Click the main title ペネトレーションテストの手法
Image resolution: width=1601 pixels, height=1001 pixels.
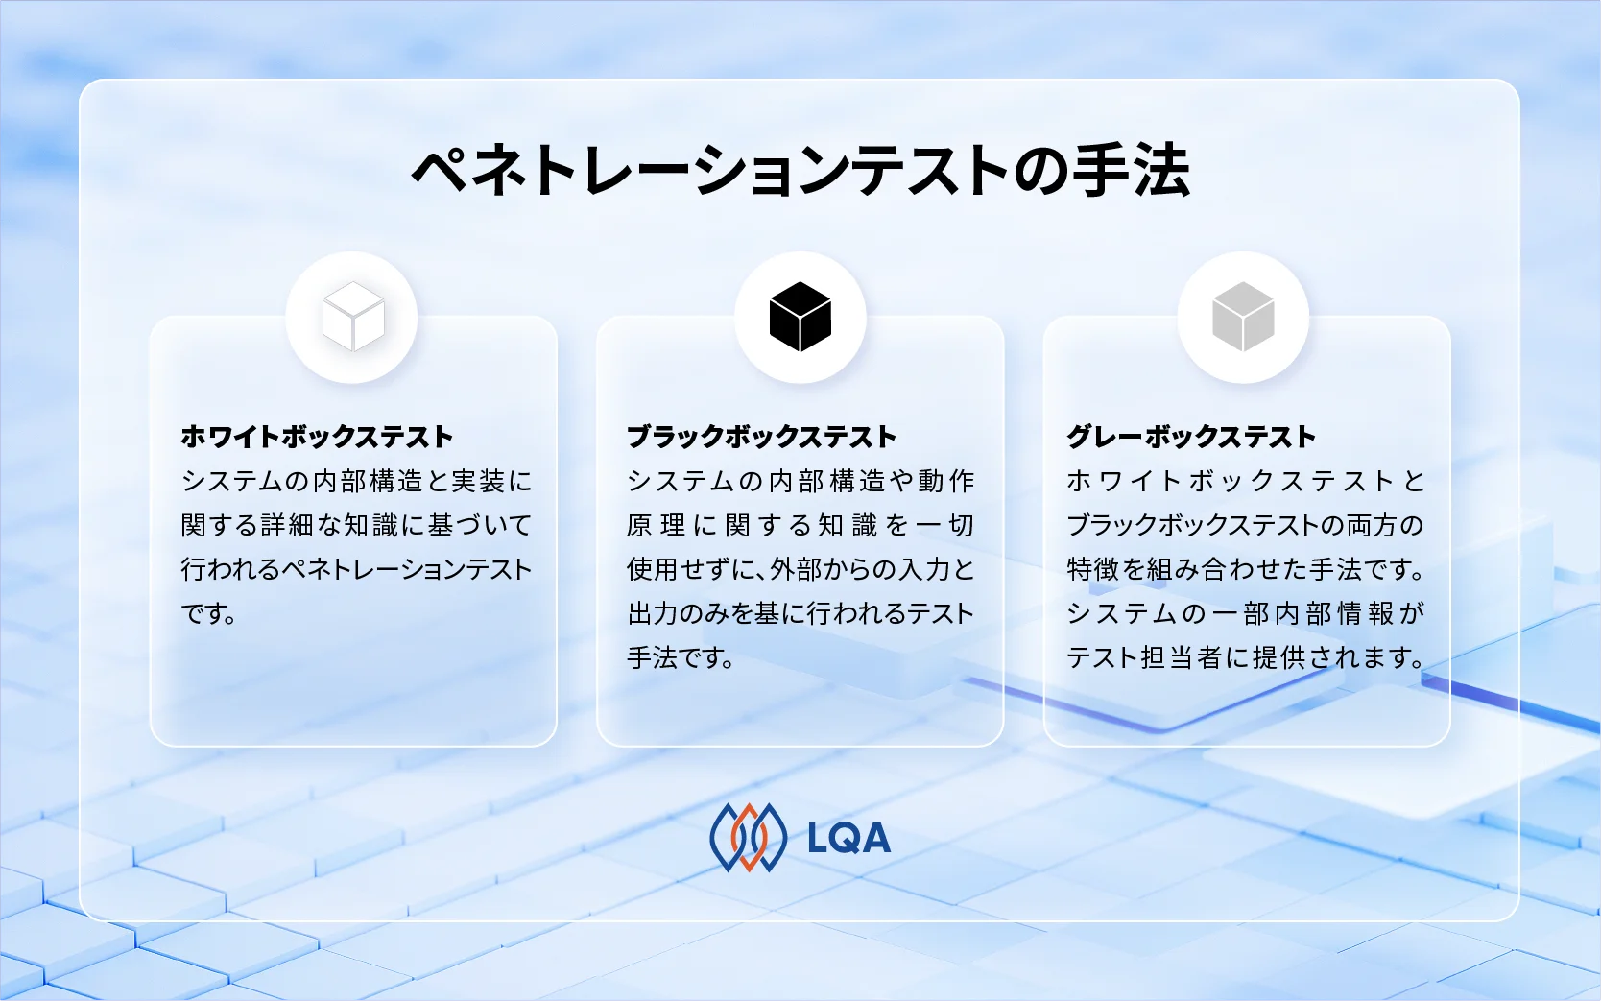(800, 171)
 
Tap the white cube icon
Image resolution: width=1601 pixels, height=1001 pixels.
(352, 317)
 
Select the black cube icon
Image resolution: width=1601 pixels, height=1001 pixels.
(800, 317)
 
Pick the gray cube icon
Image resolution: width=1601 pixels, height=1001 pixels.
(1243, 317)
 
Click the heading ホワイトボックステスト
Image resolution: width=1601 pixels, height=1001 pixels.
(317, 437)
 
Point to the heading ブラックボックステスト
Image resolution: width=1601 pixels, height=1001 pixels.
(761, 437)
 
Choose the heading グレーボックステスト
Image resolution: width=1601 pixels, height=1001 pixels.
(1191, 437)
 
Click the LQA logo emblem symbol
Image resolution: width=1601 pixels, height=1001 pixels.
(748, 838)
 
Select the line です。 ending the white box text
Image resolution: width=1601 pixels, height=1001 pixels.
(209, 613)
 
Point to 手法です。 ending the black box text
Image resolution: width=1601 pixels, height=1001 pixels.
(681, 658)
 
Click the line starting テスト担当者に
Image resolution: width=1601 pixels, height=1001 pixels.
(1245, 658)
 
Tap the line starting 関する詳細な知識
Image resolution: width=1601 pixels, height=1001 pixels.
(356, 525)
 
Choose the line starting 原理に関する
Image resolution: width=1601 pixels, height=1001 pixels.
(800, 525)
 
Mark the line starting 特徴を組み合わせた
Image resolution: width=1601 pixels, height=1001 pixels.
(1245, 569)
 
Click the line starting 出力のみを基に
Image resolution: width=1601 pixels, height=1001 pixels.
(800, 613)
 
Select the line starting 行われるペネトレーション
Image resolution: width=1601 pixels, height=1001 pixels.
(356, 569)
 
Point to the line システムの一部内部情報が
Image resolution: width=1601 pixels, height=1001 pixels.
(1245, 613)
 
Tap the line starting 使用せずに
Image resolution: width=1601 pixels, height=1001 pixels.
(800, 569)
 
